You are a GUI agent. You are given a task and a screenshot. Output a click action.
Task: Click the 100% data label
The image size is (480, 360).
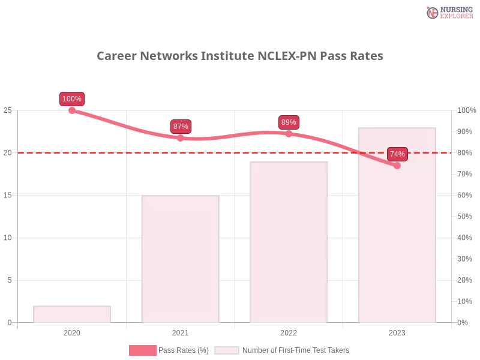point(72,99)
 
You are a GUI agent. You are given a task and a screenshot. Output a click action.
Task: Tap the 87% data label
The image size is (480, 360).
point(181,127)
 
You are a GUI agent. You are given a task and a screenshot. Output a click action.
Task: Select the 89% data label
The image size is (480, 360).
point(289,122)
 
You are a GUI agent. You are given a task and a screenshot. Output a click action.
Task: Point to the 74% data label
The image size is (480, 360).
point(397,154)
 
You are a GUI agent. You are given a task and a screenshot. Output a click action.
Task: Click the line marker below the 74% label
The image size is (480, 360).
point(397,166)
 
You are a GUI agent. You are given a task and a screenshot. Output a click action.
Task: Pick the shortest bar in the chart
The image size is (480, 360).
point(72,313)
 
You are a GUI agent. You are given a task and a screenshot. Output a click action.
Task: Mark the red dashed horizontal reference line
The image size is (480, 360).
point(240,152)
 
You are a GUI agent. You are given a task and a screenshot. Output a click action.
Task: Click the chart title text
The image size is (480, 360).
point(240,56)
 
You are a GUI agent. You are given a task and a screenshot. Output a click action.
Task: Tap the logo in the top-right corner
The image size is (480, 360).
point(448,12)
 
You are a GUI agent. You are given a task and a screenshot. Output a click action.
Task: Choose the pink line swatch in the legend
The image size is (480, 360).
point(142,350)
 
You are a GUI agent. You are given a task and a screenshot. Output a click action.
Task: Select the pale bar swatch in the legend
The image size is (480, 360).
point(227,350)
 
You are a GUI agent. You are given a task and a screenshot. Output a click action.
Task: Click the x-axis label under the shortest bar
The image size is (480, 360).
point(72,331)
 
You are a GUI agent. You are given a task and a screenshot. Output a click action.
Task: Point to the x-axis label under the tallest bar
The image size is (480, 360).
point(397,331)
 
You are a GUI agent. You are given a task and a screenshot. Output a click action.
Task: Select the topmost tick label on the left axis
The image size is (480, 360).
point(8,110)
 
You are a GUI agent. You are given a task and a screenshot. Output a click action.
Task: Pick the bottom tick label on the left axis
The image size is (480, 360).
point(9,322)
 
